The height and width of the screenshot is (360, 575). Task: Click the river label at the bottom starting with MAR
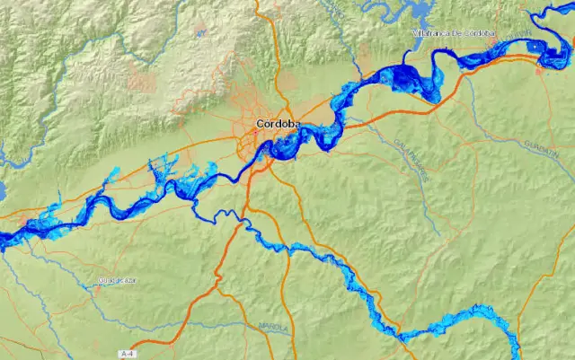click(x=273, y=327)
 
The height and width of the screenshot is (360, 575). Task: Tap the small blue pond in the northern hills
click(x=199, y=33)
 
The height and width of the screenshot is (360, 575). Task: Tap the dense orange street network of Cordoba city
click(x=261, y=144)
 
